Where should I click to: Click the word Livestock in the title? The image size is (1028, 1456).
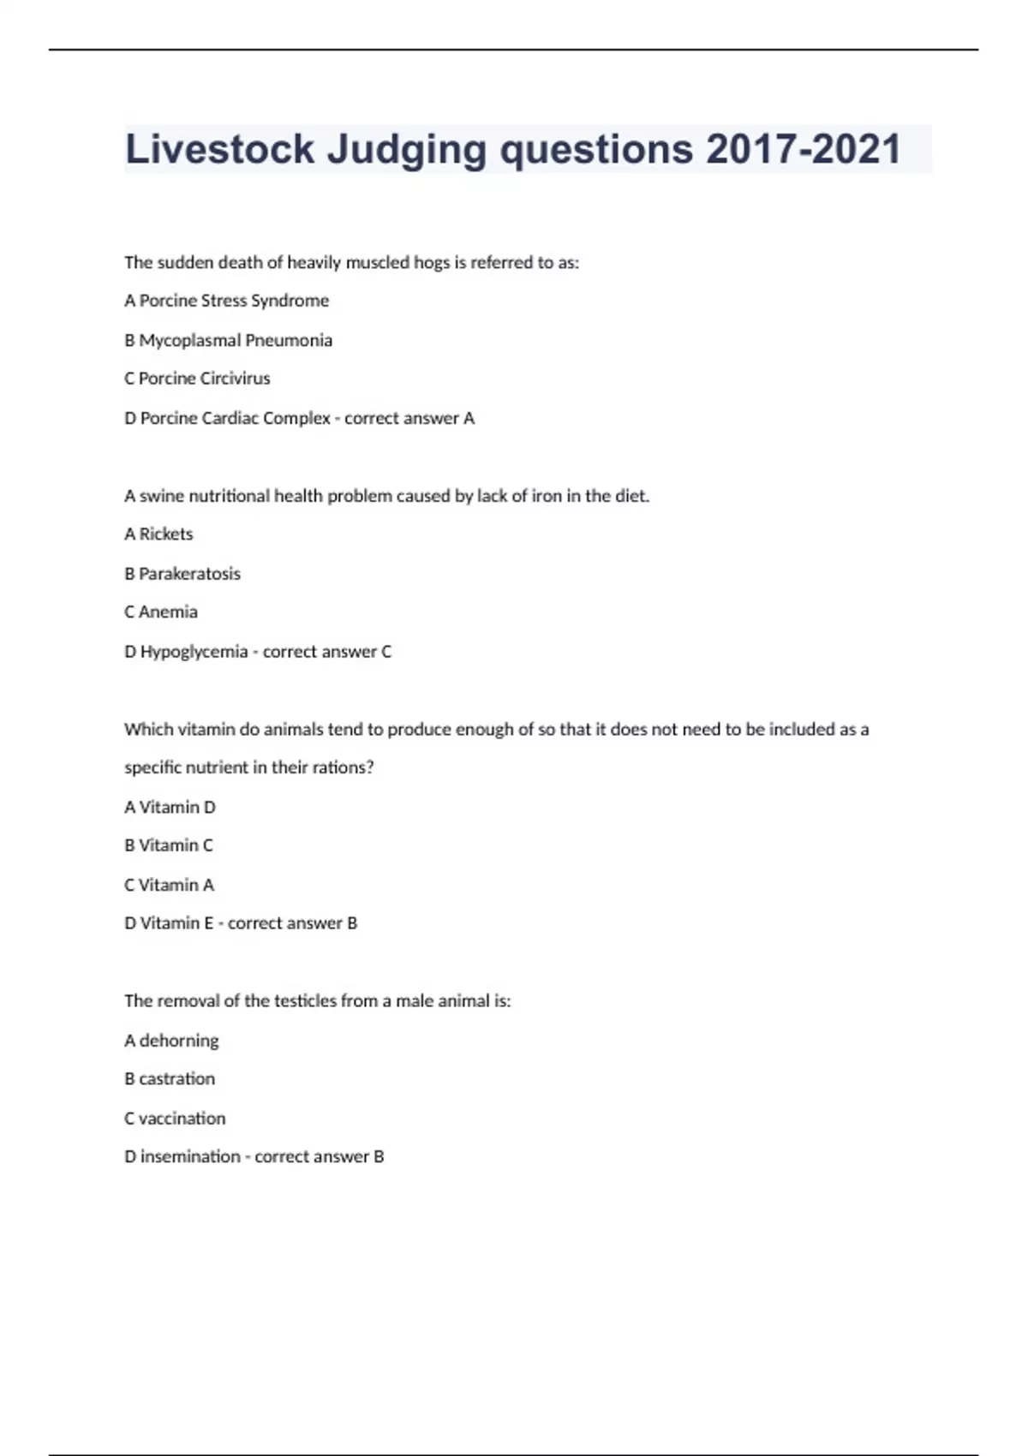click(219, 149)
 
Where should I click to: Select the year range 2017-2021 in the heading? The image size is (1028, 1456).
click(803, 149)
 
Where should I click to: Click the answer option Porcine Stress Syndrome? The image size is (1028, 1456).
click(234, 301)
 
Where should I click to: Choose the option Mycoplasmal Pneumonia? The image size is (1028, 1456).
click(236, 340)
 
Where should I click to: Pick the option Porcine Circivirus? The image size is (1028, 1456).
click(204, 379)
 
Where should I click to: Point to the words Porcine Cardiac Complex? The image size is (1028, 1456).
click(235, 418)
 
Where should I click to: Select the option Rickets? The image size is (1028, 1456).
click(166, 534)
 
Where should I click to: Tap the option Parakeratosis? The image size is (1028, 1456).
click(189, 574)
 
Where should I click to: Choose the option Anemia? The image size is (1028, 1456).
click(168, 612)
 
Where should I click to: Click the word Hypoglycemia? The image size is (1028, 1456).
click(194, 652)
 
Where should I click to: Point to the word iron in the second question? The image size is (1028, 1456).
click(547, 496)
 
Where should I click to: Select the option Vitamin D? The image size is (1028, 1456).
click(177, 807)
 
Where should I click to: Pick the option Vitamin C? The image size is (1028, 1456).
click(176, 845)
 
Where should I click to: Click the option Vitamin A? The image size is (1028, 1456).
click(176, 885)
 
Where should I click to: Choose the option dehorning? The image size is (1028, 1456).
click(179, 1041)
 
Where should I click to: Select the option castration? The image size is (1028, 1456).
click(176, 1079)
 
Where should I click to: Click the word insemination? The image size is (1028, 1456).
click(190, 1157)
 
